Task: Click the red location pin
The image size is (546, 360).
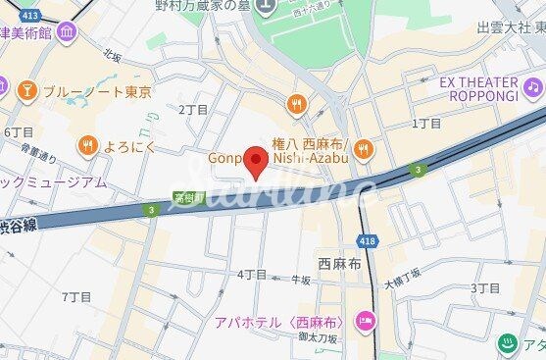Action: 256,162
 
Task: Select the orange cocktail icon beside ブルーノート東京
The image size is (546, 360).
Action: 26,92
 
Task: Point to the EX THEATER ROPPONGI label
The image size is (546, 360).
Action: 478,89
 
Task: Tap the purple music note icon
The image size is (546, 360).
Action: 532,88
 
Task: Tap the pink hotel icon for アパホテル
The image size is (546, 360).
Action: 365,321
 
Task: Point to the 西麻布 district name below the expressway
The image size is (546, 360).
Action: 339,265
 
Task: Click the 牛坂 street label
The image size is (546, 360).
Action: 301,280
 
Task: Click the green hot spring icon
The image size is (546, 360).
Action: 507,344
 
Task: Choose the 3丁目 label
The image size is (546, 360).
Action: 485,287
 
